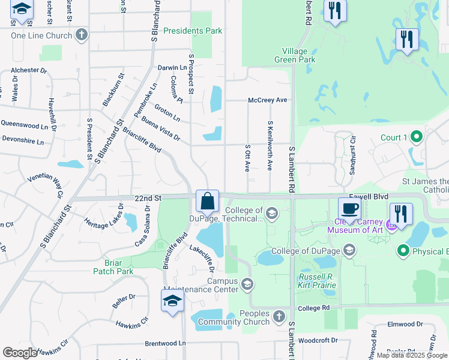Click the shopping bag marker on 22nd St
[x=207, y=201]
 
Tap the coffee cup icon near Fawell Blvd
[x=349, y=208]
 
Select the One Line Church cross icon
[x=82, y=35]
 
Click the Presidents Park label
[x=193, y=31]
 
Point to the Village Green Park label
[x=295, y=56]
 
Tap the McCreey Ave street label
[x=268, y=100]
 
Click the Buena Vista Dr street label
[x=161, y=128]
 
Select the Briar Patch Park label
[x=113, y=267]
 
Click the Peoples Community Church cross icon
[x=279, y=316]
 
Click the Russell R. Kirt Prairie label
[x=318, y=280]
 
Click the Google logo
[x=20, y=353]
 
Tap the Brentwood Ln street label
[x=166, y=344]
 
